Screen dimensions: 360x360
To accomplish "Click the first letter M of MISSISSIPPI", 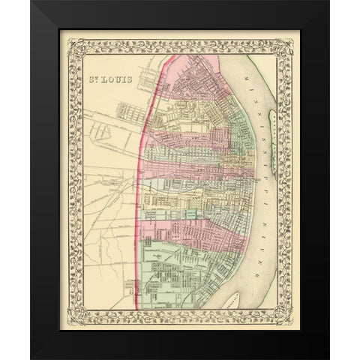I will [x=242, y=75].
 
